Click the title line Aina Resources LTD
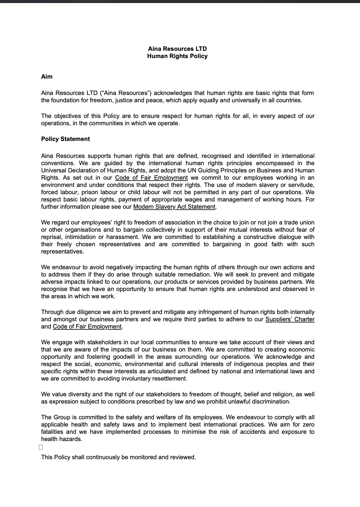[177, 49]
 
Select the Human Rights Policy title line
[177, 56]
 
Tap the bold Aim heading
[47, 77]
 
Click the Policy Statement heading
[65, 139]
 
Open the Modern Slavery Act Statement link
[174, 207]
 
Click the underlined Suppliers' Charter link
[290, 319]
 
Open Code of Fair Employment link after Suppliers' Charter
[87, 326]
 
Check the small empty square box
[41, 447]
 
